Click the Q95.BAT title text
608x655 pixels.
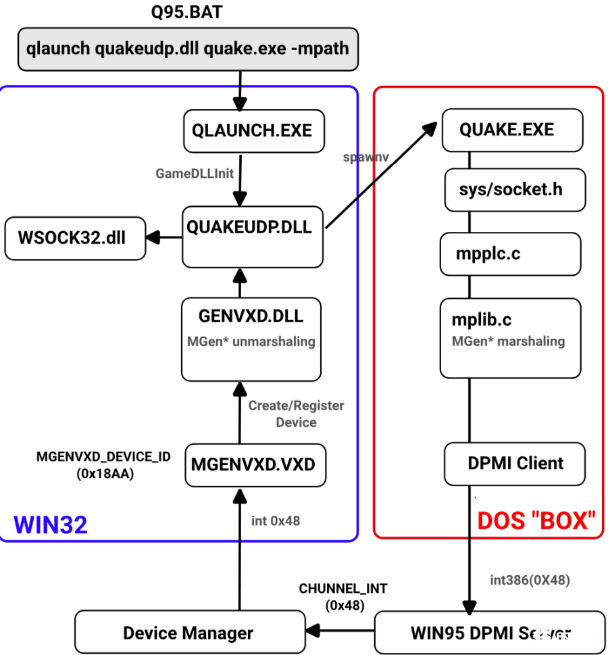pos(186,12)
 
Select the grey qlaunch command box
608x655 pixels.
pos(187,49)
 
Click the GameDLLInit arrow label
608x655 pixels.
pos(195,173)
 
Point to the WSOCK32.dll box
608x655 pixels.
pos(74,238)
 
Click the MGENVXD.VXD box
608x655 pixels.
pos(254,464)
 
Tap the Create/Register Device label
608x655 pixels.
pos(296,414)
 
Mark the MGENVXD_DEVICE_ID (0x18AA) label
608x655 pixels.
pos(104,465)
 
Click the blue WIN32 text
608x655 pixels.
pos(51,524)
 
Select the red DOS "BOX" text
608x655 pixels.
pos(536,520)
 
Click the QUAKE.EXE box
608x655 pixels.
pos(512,129)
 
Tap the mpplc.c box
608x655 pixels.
pos(510,253)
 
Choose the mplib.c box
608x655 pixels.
pos(510,338)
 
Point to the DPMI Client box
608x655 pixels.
pos(515,464)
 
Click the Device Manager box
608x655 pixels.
pos(188,633)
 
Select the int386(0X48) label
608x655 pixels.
pos(530,580)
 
